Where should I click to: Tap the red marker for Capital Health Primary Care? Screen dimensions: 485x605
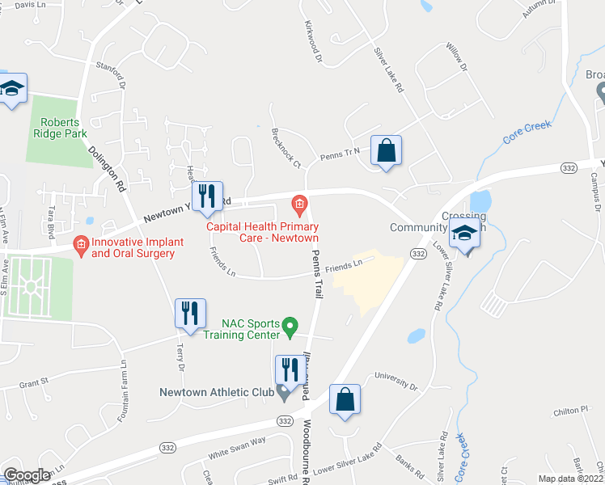pos(299,205)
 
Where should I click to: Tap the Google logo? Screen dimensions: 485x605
pos(27,475)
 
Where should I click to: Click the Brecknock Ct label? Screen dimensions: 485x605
pos(286,147)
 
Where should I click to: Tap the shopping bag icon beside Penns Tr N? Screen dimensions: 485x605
pos(387,150)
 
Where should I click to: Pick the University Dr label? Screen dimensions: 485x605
pos(396,382)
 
